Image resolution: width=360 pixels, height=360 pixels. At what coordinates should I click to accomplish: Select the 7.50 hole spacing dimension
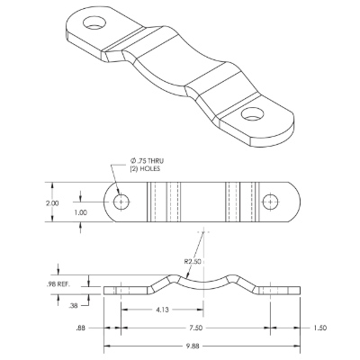(x=196, y=328)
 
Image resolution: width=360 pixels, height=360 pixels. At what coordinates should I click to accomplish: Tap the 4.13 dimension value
(x=162, y=310)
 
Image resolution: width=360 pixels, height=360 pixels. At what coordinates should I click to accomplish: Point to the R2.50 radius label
(x=193, y=261)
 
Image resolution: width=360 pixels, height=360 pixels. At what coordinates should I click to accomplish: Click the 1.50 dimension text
(x=319, y=328)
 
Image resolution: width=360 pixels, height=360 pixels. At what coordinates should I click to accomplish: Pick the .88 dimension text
(x=80, y=328)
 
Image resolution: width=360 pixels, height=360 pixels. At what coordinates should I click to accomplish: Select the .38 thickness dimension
(x=73, y=306)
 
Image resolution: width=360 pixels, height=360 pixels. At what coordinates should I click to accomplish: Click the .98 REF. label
(x=58, y=284)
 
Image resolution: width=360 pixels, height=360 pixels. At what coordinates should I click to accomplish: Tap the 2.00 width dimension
(x=52, y=203)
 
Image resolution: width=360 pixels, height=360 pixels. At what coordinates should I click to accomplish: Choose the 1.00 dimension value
(x=81, y=212)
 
